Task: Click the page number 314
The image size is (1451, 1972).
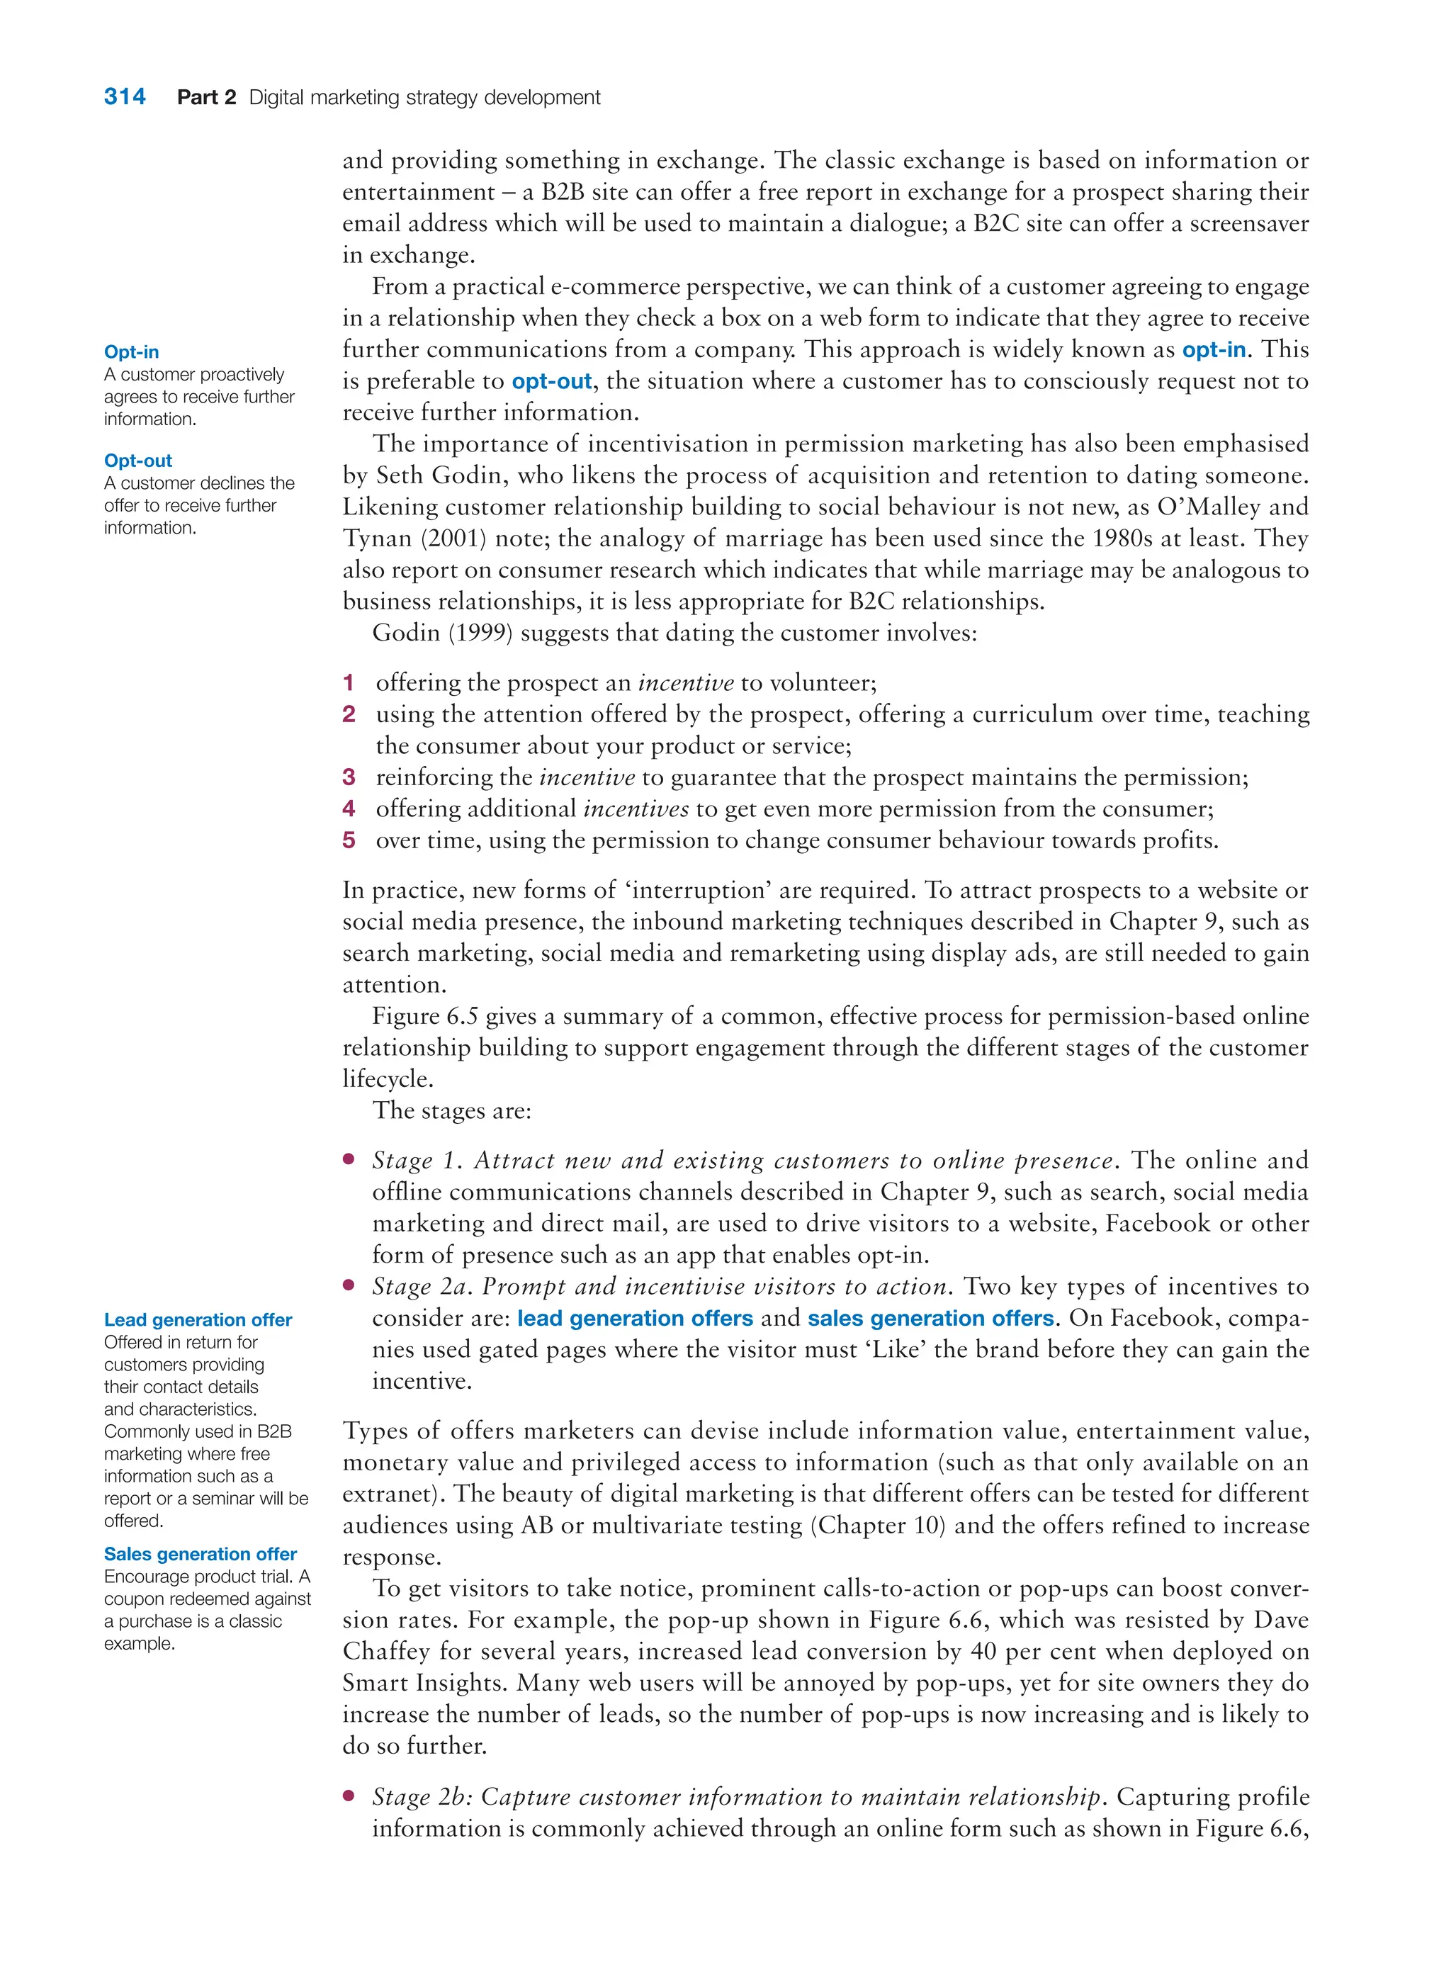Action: point(125,96)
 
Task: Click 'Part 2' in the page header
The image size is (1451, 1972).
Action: point(206,98)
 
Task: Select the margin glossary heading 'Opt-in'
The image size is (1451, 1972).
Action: point(131,351)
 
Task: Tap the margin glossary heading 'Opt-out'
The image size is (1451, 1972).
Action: point(138,461)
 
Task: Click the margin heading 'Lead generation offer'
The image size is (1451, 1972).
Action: point(198,1319)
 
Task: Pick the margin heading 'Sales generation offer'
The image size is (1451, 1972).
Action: point(201,1554)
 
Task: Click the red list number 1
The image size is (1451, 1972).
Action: point(349,682)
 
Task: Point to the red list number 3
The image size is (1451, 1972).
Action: point(349,777)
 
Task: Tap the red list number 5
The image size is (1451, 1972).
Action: point(349,840)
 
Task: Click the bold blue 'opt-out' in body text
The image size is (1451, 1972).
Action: point(552,381)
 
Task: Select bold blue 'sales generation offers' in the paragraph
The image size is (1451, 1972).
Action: point(930,1319)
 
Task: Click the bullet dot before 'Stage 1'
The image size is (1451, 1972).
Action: point(349,1159)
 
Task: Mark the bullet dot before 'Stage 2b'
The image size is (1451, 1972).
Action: point(349,1796)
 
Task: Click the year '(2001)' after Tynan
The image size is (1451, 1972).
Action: point(453,539)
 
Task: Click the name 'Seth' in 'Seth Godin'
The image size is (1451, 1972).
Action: point(398,475)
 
